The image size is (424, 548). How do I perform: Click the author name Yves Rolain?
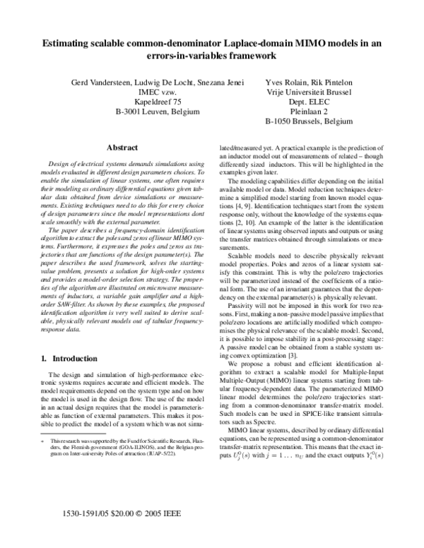coord(283,83)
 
